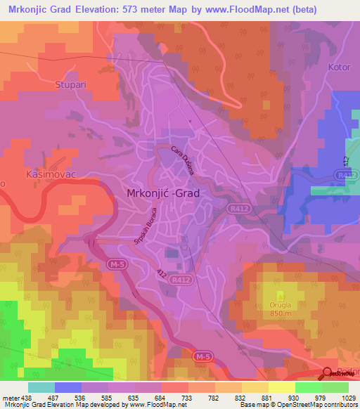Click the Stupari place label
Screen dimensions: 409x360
(69, 84)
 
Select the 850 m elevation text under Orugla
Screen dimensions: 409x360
(282, 313)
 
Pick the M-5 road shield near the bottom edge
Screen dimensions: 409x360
(202, 358)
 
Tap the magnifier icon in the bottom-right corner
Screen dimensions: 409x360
(327, 375)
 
